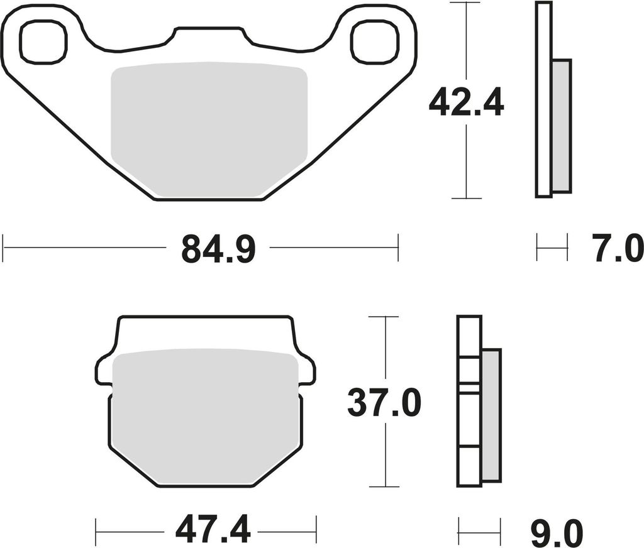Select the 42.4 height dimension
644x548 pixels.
point(466,103)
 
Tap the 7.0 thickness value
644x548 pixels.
point(617,248)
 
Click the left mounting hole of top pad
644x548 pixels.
point(43,42)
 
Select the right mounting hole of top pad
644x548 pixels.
point(374,42)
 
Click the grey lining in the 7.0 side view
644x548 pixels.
point(561,126)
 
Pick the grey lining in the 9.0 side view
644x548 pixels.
point(491,415)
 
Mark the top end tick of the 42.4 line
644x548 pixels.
point(466,3)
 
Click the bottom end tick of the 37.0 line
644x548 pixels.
point(384,486)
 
